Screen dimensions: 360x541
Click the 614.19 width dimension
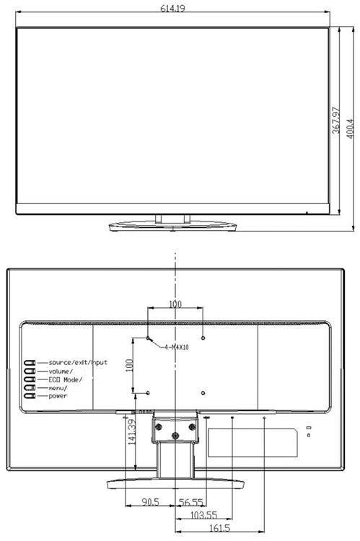(x=172, y=8)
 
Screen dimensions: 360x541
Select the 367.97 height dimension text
(x=336, y=120)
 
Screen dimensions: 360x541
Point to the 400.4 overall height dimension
(x=350, y=128)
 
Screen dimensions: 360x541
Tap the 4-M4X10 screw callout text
(x=176, y=347)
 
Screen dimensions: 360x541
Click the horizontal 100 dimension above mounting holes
(x=175, y=304)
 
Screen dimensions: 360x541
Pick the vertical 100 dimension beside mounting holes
(x=129, y=366)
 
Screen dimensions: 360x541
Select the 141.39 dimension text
(x=132, y=431)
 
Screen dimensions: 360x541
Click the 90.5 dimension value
(x=151, y=501)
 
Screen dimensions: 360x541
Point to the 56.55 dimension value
(x=191, y=502)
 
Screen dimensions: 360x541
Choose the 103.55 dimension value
(x=203, y=515)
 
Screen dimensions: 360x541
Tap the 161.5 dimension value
(x=219, y=528)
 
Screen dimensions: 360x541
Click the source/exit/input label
(x=78, y=362)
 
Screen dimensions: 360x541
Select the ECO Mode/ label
(x=65, y=379)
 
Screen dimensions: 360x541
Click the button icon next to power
(x=30, y=396)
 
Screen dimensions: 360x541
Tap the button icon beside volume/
(x=30, y=371)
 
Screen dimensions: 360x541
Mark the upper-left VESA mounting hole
(x=148, y=338)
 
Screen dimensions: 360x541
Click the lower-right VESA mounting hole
(x=203, y=392)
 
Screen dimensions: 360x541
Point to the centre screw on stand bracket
(x=175, y=436)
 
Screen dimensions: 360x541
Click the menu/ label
(x=58, y=388)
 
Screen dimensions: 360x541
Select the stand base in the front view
(x=172, y=226)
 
